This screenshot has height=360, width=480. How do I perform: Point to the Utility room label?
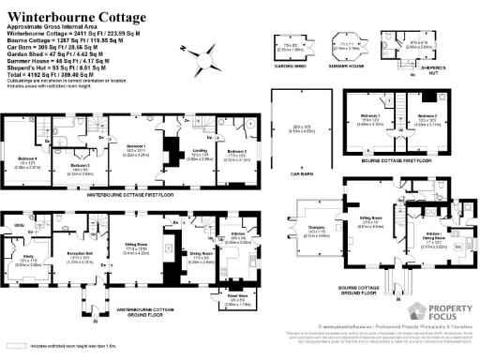point(18,225)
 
